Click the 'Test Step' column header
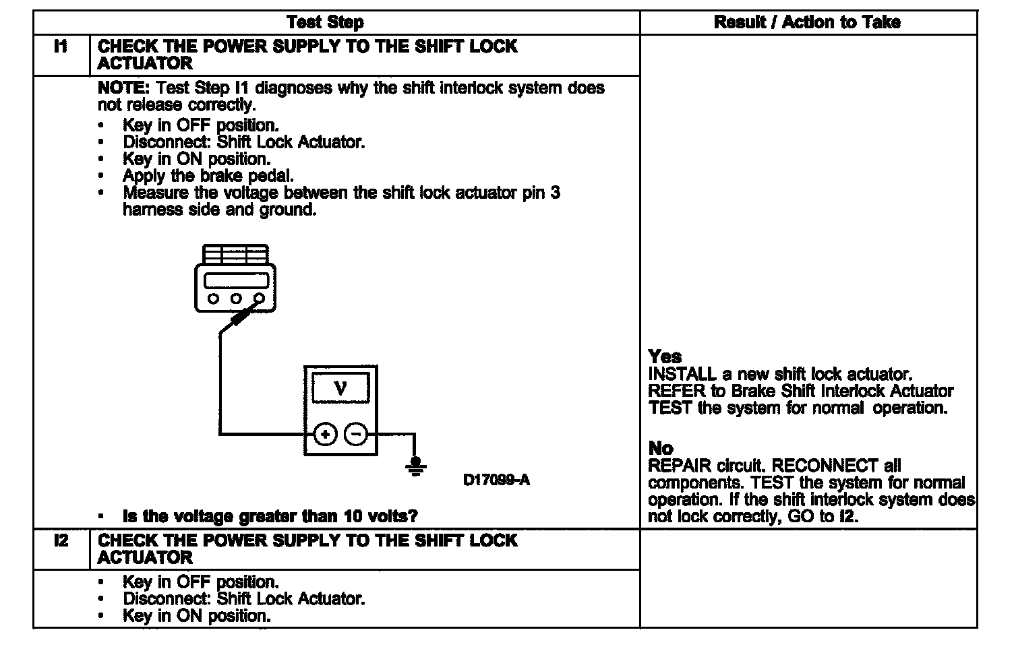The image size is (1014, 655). [x=325, y=22]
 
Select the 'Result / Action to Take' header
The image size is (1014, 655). [x=807, y=22]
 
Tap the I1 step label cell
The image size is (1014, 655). [x=61, y=47]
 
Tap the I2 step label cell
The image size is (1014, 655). [x=61, y=540]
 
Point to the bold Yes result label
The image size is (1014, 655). [x=665, y=356]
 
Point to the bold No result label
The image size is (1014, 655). [x=661, y=449]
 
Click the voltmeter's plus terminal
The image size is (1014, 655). [x=325, y=435]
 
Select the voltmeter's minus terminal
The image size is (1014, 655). [x=356, y=435]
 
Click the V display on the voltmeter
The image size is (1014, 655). [x=340, y=388]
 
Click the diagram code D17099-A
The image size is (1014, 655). [x=496, y=480]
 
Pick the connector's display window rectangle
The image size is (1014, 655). [x=235, y=280]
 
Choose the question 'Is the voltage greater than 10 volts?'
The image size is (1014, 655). [x=270, y=517]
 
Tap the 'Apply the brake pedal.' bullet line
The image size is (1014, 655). [x=208, y=177]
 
